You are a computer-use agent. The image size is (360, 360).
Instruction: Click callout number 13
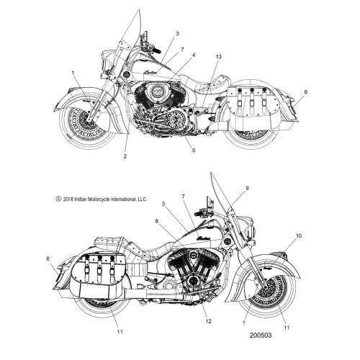[x=218, y=57]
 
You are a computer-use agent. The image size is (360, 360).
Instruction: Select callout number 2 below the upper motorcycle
[x=125, y=156]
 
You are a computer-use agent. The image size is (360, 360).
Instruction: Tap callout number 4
[x=194, y=55]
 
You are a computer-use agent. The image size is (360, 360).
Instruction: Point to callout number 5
[x=194, y=150]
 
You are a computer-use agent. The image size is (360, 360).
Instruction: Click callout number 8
[x=157, y=221]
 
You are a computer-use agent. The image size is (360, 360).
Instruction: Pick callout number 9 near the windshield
[x=247, y=189]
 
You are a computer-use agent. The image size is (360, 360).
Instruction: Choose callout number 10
[x=299, y=236]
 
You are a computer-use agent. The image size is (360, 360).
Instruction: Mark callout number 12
[x=208, y=321]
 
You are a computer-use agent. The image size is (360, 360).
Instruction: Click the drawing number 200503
[x=261, y=335]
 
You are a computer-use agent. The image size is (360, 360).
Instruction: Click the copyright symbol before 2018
[x=58, y=199]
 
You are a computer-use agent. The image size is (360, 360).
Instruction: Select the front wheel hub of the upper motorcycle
[x=91, y=118]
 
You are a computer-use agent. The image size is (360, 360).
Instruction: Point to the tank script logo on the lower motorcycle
[x=203, y=238]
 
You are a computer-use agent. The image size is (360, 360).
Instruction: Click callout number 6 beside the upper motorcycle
[x=305, y=92]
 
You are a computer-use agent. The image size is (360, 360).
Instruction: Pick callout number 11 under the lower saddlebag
[x=120, y=332]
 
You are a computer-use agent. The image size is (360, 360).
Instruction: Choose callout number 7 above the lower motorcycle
[x=184, y=197]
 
